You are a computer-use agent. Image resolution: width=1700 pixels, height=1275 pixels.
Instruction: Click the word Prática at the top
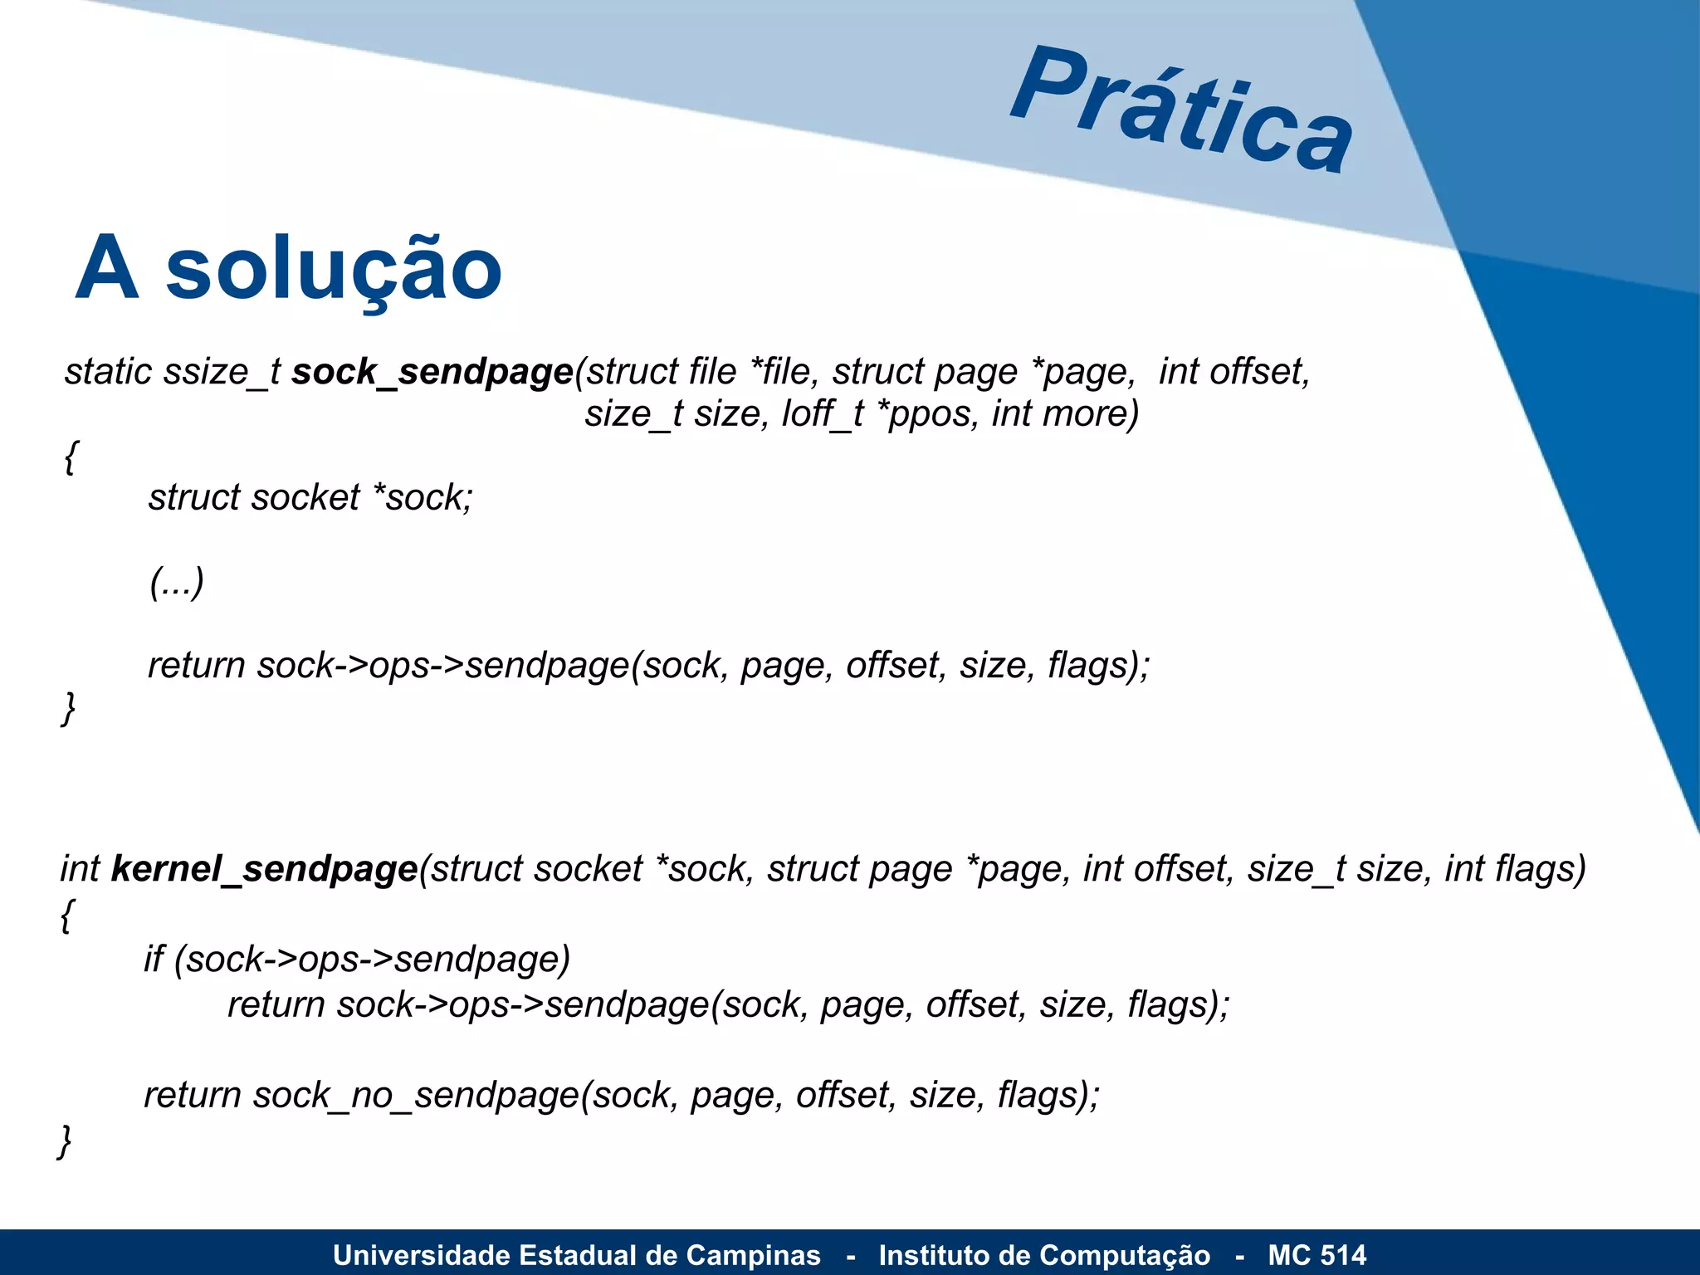click(x=1182, y=110)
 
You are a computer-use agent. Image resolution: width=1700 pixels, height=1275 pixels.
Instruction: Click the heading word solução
click(x=334, y=269)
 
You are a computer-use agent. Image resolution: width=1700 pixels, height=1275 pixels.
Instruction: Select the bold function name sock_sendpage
click(x=432, y=372)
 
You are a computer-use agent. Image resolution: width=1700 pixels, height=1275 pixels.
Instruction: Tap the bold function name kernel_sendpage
click(x=264, y=869)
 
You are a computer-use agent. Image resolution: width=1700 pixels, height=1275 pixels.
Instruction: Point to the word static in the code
click(x=109, y=372)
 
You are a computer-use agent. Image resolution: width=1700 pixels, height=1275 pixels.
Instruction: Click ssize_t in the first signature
click(x=222, y=372)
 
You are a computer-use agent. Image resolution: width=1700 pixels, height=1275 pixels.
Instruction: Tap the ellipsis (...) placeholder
click(x=176, y=582)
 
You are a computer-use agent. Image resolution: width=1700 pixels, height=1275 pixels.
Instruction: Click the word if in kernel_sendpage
click(x=154, y=959)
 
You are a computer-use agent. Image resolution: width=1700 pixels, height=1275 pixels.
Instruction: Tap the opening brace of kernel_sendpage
click(x=67, y=915)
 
